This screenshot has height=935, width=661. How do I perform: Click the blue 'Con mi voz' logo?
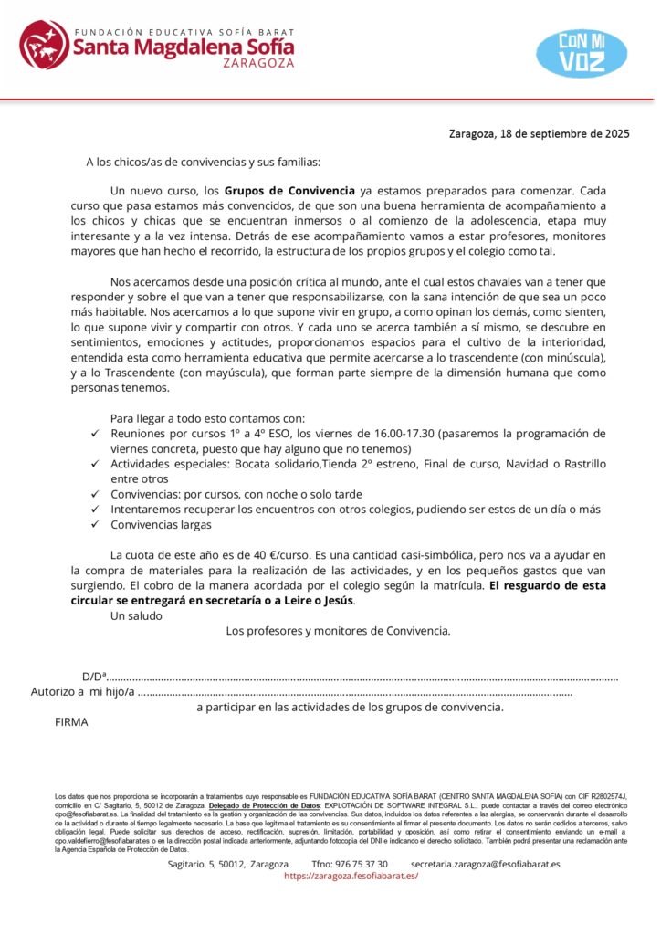click(581, 52)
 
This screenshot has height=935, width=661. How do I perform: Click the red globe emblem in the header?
click(43, 44)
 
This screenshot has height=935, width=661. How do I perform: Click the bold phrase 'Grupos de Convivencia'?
click(289, 192)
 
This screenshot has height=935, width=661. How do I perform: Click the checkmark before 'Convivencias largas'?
click(96, 525)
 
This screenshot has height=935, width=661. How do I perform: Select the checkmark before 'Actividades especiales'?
click(96, 464)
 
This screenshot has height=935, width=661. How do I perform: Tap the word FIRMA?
click(71, 722)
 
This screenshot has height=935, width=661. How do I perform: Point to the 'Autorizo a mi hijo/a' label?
click(83, 692)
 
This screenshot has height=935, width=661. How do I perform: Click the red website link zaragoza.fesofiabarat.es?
click(351, 876)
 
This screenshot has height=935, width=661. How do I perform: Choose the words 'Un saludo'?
click(136, 615)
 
